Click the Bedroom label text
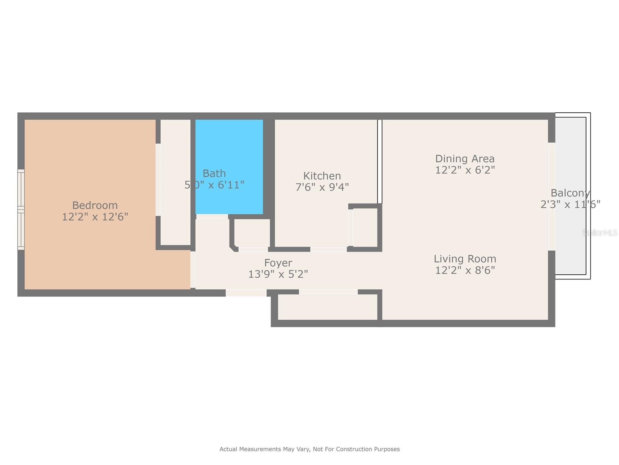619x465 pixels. (x=95, y=205)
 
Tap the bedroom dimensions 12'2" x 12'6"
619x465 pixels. (x=95, y=217)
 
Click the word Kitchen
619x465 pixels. (x=322, y=176)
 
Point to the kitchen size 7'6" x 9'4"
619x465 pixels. (x=322, y=187)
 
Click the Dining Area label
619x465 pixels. (x=465, y=159)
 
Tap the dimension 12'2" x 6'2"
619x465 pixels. (x=465, y=170)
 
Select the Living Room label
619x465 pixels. (x=465, y=259)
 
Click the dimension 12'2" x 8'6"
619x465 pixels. (x=465, y=270)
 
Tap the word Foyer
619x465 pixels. (x=278, y=263)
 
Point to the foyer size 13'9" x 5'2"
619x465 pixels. (x=278, y=274)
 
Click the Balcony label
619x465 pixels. (x=570, y=193)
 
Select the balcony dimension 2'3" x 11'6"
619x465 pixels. (x=570, y=204)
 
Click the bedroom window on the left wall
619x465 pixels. (x=21, y=209)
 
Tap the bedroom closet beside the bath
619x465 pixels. (x=175, y=182)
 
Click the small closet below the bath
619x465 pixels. (x=252, y=233)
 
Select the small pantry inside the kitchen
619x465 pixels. (x=365, y=227)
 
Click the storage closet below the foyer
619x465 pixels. (x=327, y=307)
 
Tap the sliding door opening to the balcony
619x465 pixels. (x=552, y=196)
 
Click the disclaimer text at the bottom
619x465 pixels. (x=309, y=449)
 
